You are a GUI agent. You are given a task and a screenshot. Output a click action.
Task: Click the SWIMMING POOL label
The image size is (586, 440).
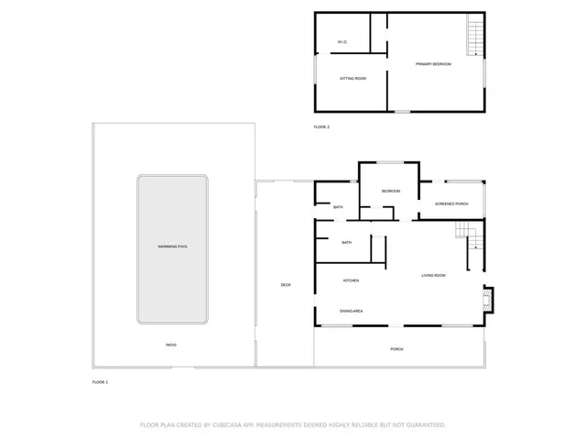point(172,247)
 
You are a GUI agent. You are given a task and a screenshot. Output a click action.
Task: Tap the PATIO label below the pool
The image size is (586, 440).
point(171,345)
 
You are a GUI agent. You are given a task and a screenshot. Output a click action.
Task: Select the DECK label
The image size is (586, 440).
point(286,285)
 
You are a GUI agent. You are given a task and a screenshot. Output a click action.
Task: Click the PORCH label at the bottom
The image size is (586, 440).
point(396,349)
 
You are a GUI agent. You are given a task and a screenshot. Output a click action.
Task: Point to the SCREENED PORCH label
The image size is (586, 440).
point(451,203)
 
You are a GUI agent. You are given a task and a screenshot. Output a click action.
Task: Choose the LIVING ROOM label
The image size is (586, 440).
point(433,275)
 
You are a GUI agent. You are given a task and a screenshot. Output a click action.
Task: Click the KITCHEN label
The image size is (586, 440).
point(351,280)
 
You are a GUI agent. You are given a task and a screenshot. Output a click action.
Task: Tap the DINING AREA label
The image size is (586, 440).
point(352,312)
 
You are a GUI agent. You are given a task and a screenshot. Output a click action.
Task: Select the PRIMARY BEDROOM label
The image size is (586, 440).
point(433,64)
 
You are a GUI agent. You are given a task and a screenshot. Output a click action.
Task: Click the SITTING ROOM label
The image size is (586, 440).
point(353,79)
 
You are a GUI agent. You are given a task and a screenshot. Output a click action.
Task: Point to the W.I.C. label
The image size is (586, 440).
point(342,42)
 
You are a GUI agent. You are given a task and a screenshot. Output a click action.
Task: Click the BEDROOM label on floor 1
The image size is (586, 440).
point(391,191)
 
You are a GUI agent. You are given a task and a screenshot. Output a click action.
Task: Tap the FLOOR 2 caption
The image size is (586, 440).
point(321,126)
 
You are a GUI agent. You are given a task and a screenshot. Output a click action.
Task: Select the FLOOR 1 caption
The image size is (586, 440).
point(100,381)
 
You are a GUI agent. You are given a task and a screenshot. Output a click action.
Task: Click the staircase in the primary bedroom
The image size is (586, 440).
point(474,37)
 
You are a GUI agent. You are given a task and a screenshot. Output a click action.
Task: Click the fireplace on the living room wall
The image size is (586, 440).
point(488,297)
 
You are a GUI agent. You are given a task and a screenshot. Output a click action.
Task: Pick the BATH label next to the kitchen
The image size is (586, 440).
point(347,242)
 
